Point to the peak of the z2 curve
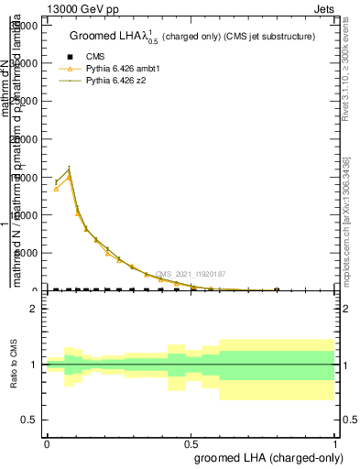pyautogui.click(x=69, y=169)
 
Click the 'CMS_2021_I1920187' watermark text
pyautogui.click(x=190, y=274)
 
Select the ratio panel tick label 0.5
pyautogui.click(x=29, y=420)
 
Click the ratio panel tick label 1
pyautogui.click(x=34, y=365)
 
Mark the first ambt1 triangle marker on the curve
pyautogui.click(x=56, y=188)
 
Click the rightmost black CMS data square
pyautogui.click(x=277, y=289)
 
